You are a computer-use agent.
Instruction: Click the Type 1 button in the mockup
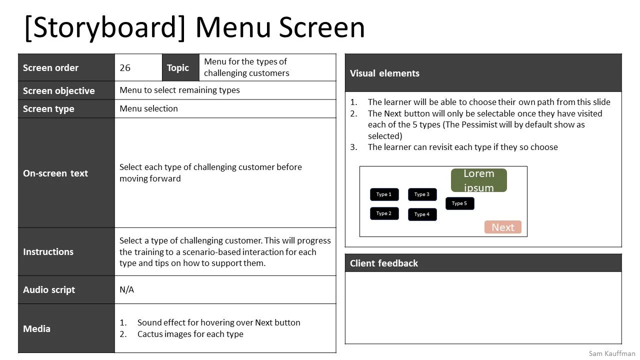(384, 194)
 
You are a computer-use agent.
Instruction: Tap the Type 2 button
(384, 213)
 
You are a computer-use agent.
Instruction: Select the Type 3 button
(422, 194)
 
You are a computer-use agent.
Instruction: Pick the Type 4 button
(422, 214)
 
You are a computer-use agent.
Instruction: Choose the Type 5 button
(459, 203)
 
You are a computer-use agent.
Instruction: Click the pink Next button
(502, 227)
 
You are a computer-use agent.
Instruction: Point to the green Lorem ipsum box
(478, 180)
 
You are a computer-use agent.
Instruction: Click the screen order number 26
(125, 68)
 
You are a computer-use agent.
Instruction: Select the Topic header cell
(178, 68)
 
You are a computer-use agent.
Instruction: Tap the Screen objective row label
(58, 90)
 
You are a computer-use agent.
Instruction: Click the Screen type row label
(48, 109)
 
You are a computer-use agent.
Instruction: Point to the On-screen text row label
(55, 173)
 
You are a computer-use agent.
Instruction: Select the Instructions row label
(48, 252)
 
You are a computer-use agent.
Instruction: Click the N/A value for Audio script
(127, 290)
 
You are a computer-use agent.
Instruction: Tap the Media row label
(36, 329)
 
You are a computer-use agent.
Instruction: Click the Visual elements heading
(384, 73)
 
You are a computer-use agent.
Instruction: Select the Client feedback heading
(383, 263)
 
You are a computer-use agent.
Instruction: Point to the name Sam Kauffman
(612, 353)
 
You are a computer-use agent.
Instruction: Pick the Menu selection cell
(148, 109)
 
